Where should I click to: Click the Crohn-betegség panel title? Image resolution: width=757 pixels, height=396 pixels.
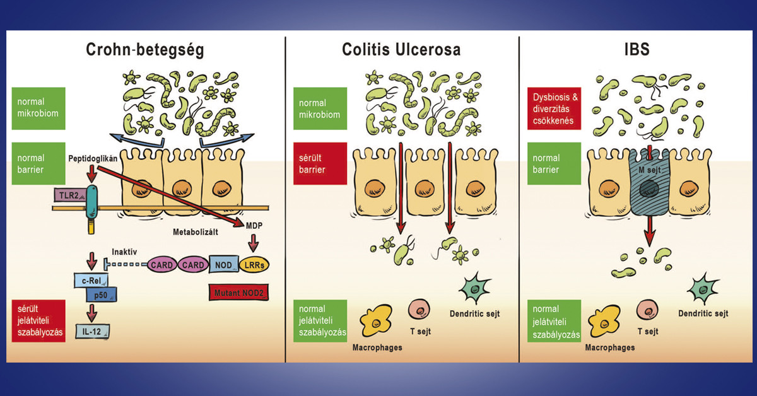click(x=145, y=51)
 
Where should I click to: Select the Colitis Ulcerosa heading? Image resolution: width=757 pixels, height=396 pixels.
click(x=402, y=51)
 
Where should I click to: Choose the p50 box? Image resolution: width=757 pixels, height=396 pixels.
click(x=100, y=294)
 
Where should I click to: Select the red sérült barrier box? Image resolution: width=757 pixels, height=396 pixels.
click(x=320, y=163)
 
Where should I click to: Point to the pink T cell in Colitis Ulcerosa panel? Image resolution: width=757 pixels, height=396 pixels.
click(x=420, y=311)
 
